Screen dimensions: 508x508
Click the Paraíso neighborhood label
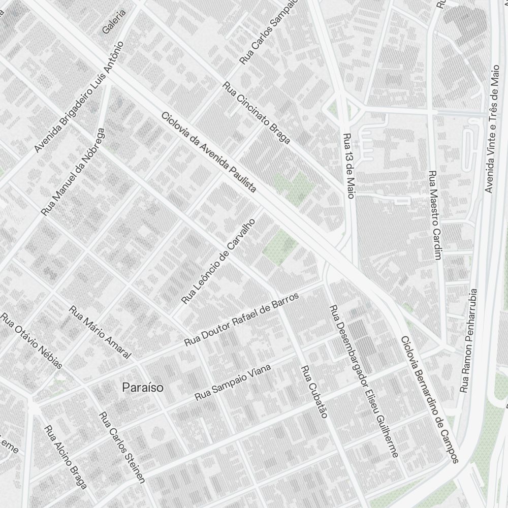(x=143, y=388)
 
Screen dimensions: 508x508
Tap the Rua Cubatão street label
(x=313, y=392)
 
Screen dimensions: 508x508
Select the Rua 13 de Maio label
(x=348, y=166)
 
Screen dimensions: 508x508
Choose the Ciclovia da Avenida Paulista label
(x=209, y=152)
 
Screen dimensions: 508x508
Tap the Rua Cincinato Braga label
(x=257, y=113)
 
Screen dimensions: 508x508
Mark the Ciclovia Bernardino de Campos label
(x=429, y=399)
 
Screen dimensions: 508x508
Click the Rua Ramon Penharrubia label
(x=468, y=340)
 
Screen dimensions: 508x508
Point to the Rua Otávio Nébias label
(x=31, y=341)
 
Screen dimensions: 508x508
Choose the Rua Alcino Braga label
(x=66, y=457)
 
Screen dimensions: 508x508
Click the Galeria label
(x=114, y=22)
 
